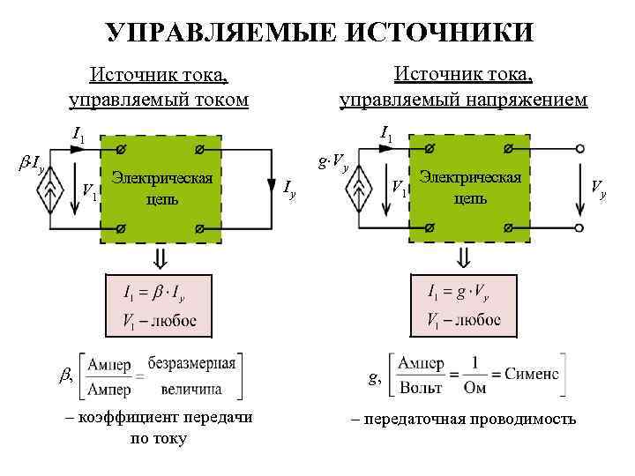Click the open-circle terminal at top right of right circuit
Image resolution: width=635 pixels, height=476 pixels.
coord(579,148)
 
